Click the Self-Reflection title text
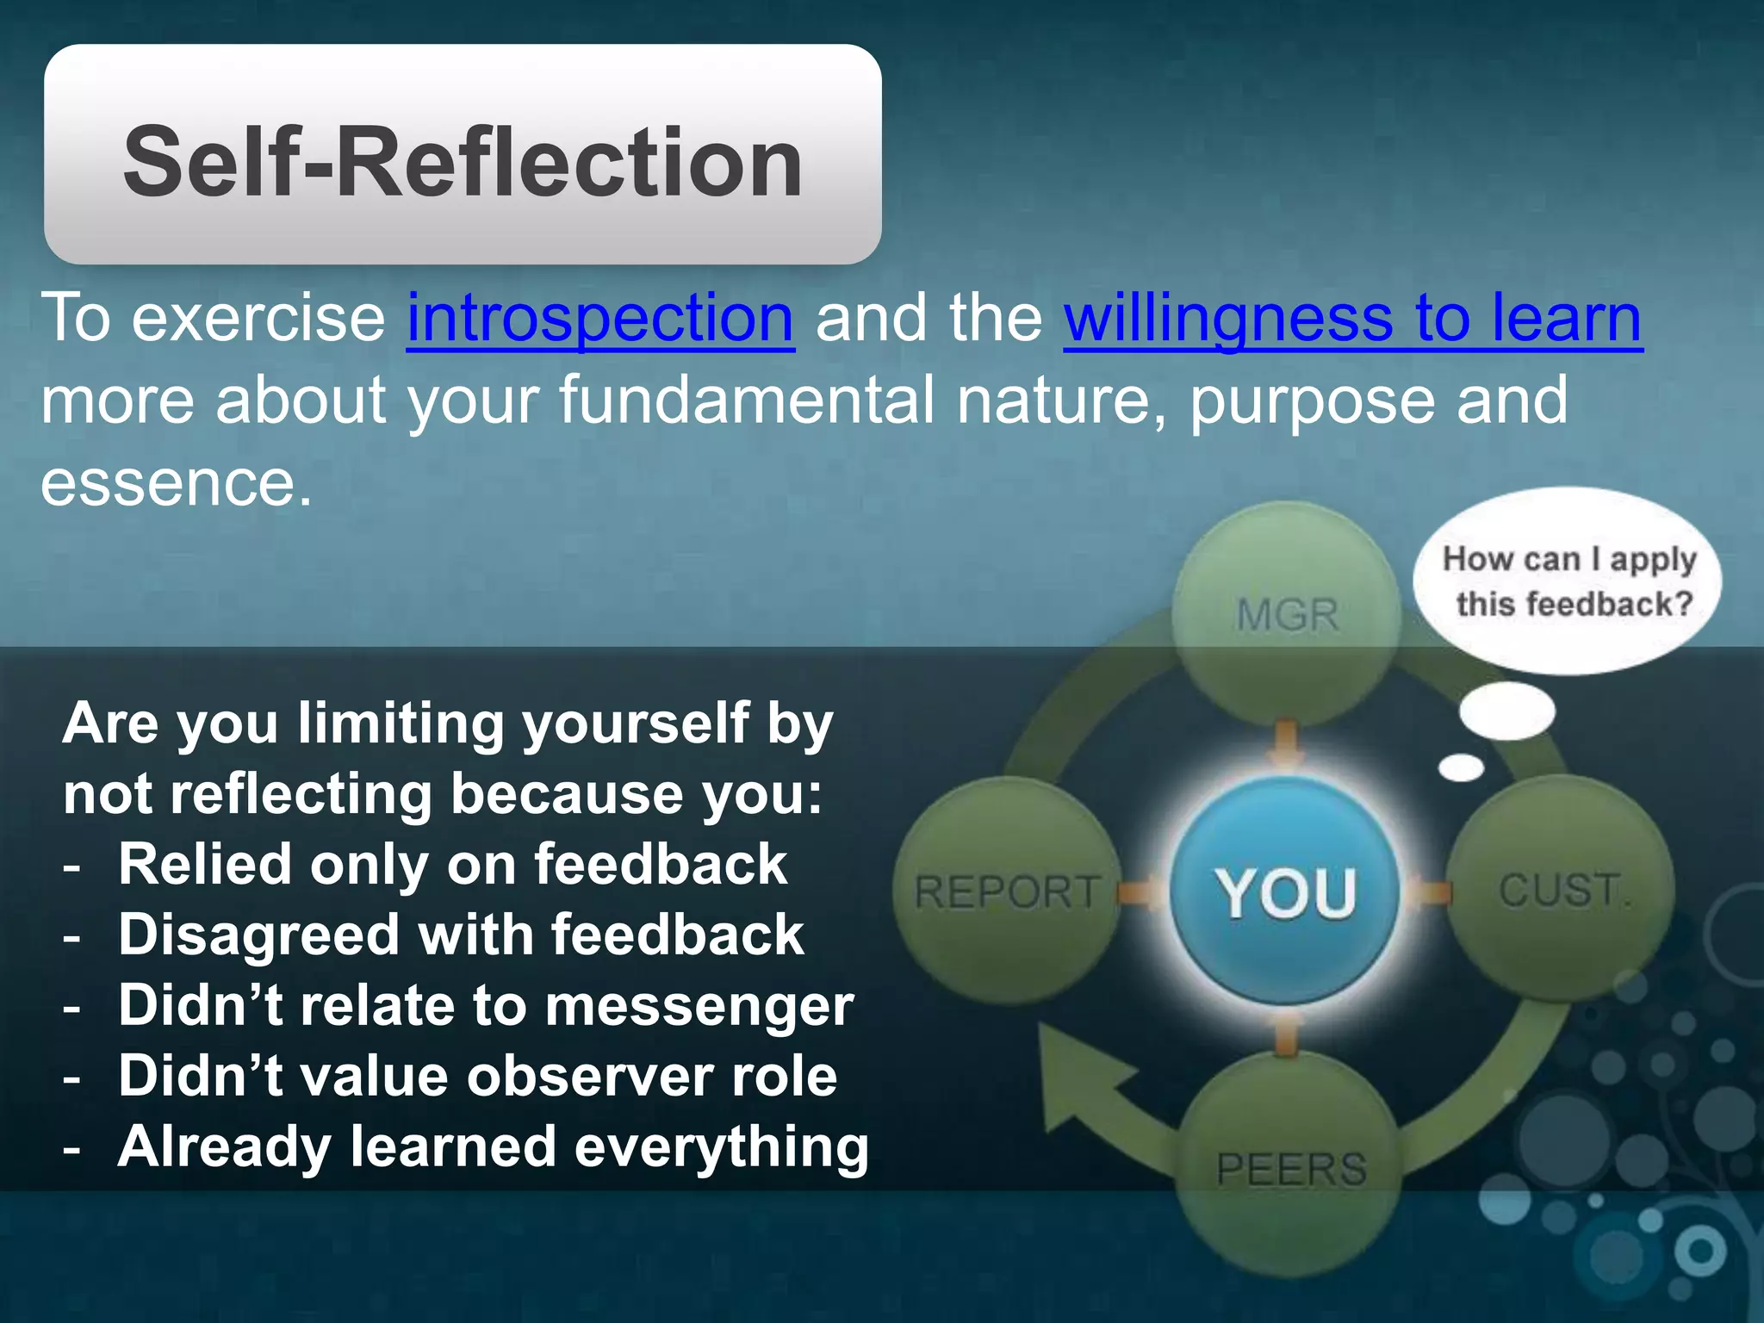[x=463, y=161]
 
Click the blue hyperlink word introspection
[x=600, y=319]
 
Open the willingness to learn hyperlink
[x=1352, y=319]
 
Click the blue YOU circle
[x=1285, y=891]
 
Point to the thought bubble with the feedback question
[x=1568, y=581]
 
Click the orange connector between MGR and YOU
[x=1287, y=742]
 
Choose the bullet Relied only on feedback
[x=452, y=864]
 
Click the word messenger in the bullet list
[x=699, y=1006]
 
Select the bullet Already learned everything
[x=493, y=1147]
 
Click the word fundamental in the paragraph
[x=746, y=401]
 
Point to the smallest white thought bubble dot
[x=1462, y=767]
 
